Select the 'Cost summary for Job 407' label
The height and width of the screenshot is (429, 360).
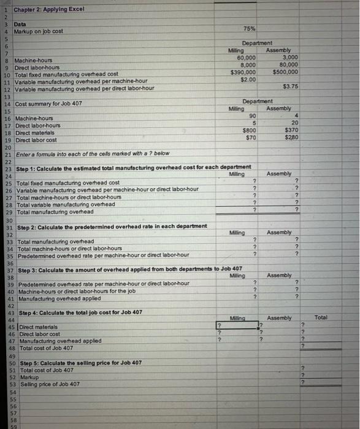pyautogui.click(x=48, y=105)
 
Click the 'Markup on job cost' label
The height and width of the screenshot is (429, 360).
pyautogui.click(x=43, y=31)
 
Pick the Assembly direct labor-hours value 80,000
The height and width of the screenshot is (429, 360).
pyautogui.click(x=288, y=64)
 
